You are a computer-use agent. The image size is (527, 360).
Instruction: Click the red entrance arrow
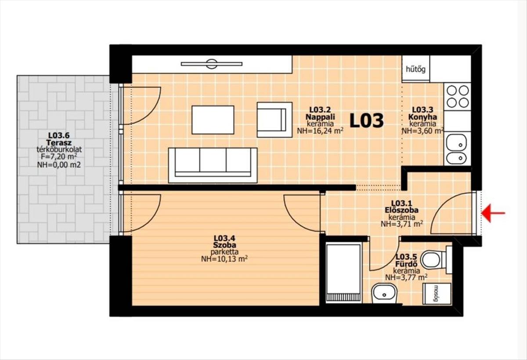coord(493,213)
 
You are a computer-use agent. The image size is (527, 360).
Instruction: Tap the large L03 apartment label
coord(367,121)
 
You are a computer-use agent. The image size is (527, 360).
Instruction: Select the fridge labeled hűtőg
coord(416,69)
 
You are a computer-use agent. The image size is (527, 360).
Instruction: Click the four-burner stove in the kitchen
coord(457,97)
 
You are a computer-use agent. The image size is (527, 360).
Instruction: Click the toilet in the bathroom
coord(437,260)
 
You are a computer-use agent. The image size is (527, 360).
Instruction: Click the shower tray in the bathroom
coord(344,273)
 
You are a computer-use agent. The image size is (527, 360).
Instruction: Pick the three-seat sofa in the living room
coord(213,166)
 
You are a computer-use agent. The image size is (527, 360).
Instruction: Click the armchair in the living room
coord(274,120)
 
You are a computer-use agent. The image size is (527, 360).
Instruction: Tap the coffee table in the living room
coord(213,120)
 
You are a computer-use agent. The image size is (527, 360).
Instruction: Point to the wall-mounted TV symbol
coord(212,64)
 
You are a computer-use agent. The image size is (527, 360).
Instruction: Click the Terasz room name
coord(59,143)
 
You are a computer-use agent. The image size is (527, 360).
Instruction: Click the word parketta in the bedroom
coord(224,252)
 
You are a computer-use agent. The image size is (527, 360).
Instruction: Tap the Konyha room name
coord(422,117)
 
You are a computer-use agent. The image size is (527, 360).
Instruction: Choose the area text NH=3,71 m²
coord(402,223)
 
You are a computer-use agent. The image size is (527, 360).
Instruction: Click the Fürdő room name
coord(406,264)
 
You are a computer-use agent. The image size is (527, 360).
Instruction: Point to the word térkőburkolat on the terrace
coord(59,150)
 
